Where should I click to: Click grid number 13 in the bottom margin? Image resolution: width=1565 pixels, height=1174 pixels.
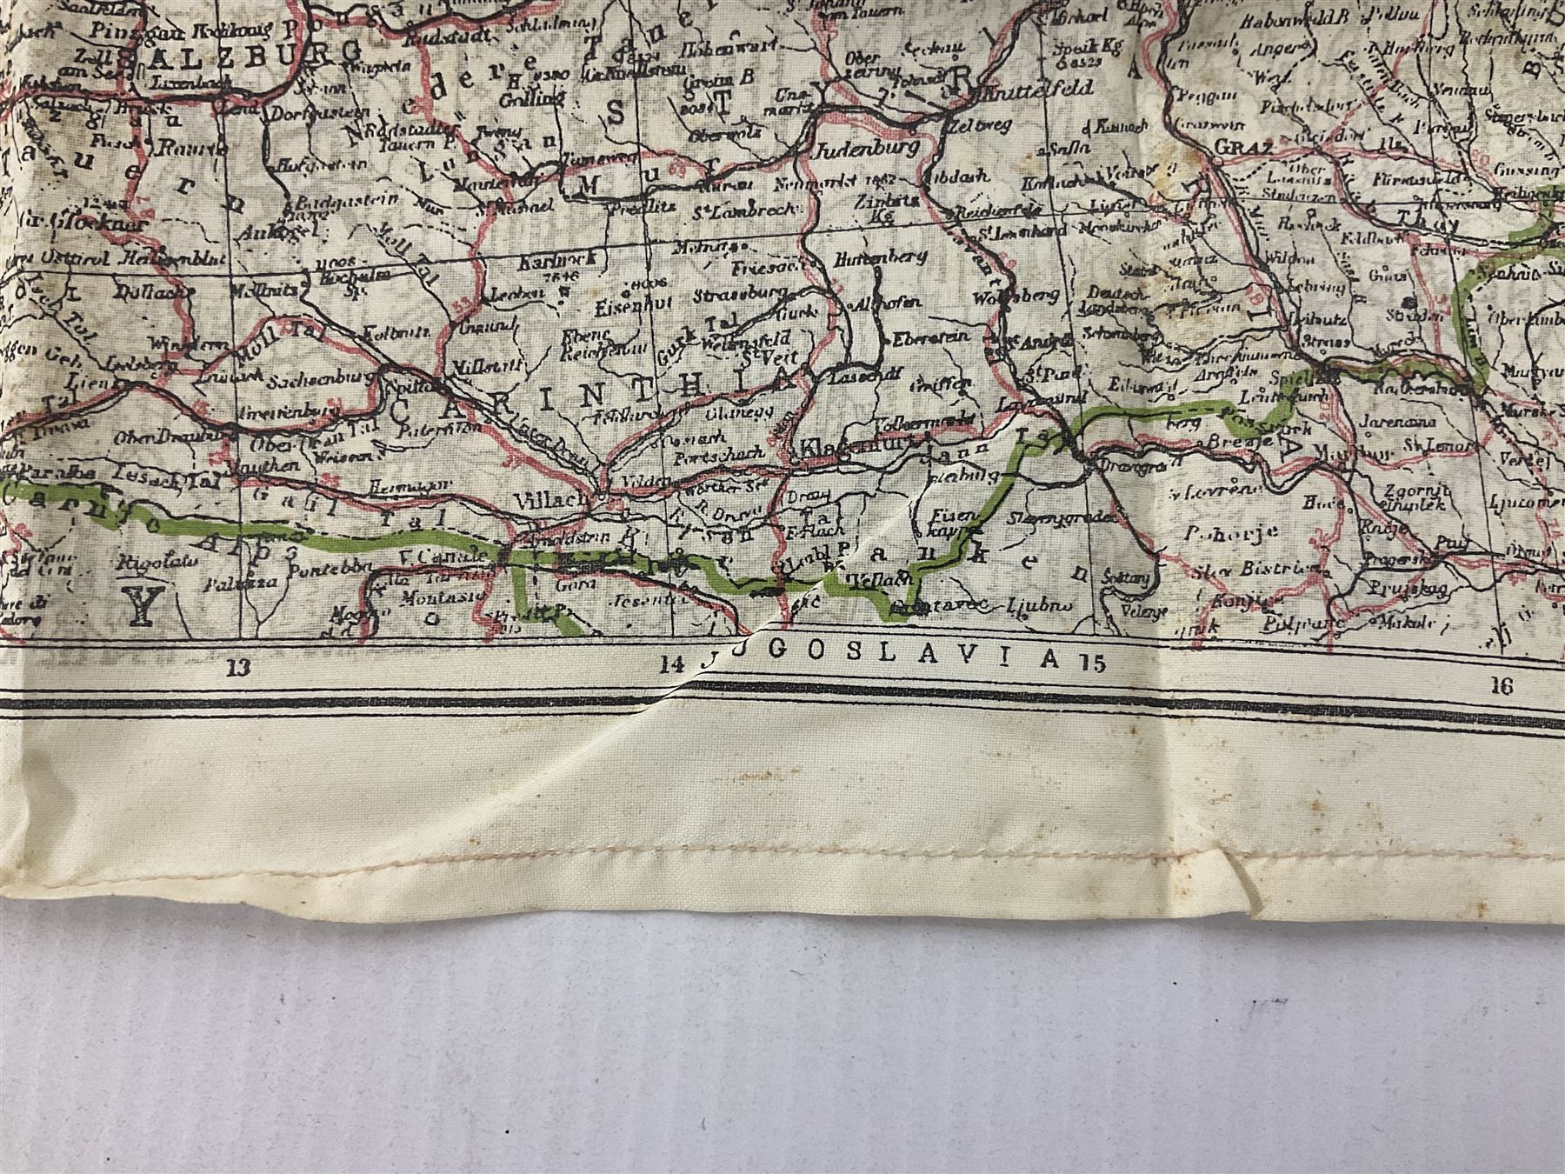coord(237,668)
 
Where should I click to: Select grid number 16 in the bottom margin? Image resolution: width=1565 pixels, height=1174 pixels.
coord(1502,686)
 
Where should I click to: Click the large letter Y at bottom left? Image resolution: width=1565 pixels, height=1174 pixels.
coord(139,606)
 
